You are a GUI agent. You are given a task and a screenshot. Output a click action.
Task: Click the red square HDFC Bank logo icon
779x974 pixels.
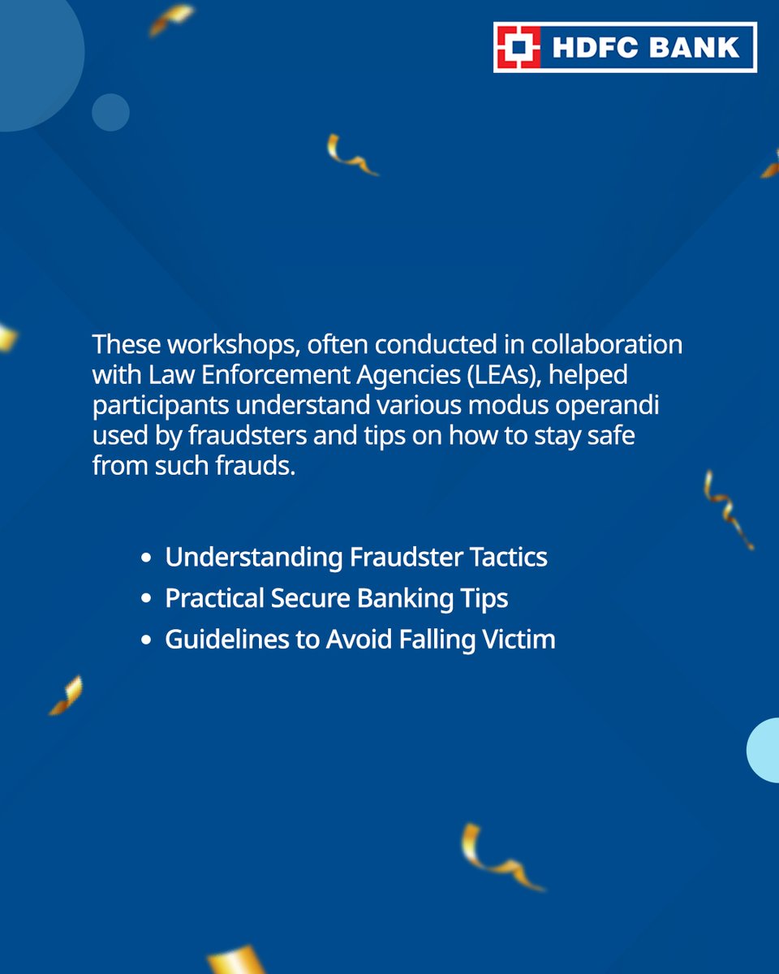click(x=518, y=47)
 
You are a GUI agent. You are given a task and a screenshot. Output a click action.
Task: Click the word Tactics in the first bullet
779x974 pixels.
click(x=510, y=558)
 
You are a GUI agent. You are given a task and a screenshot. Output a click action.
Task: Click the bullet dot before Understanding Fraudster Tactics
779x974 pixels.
click(x=146, y=558)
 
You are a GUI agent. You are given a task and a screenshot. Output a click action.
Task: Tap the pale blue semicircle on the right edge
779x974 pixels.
click(x=764, y=750)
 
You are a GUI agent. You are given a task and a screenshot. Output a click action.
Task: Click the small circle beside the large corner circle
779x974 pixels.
click(x=110, y=112)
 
